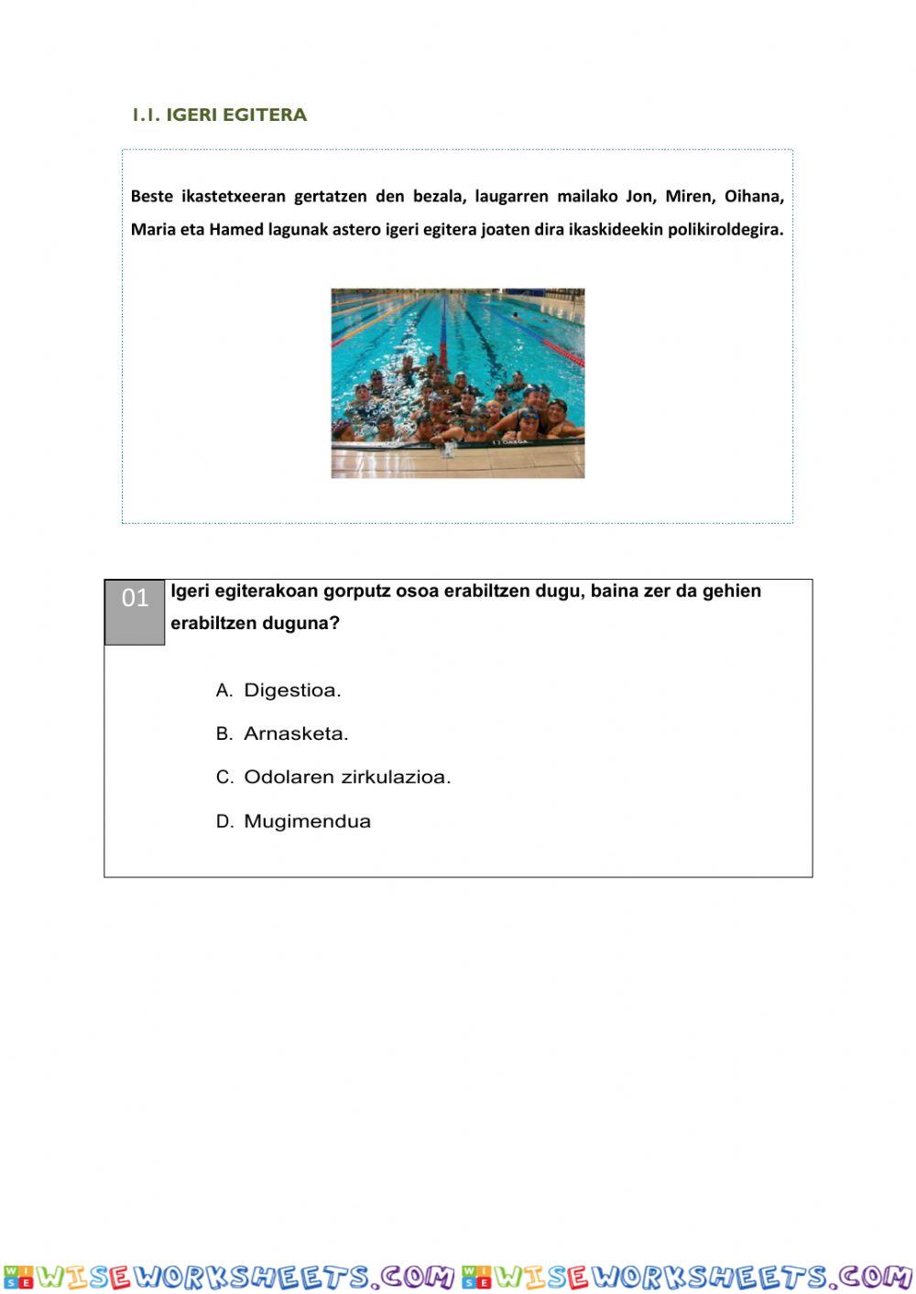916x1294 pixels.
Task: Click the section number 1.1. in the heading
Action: [x=147, y=114]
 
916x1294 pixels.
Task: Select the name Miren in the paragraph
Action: [x=688, y=196]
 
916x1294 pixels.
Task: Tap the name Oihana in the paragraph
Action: [x=753, y=196]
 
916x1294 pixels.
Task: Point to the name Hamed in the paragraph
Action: [x=236, y=229]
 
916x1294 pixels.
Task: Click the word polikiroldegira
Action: [x=725, y=229]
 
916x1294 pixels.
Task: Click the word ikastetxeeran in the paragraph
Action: [x=234, y=196]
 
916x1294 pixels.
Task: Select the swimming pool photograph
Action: [x=457, y=383]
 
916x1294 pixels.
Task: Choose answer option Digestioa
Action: [x=292, y=690]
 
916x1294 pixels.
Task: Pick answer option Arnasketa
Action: [x=296, y=734]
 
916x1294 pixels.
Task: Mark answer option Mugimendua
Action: [x=307, y=821]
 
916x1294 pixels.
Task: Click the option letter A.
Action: [x=224, y=690]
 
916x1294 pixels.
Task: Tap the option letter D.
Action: [x=224, y=821]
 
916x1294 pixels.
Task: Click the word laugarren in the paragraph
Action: [x=511, y=196]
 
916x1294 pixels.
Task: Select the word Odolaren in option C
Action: [x=289, y=777]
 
